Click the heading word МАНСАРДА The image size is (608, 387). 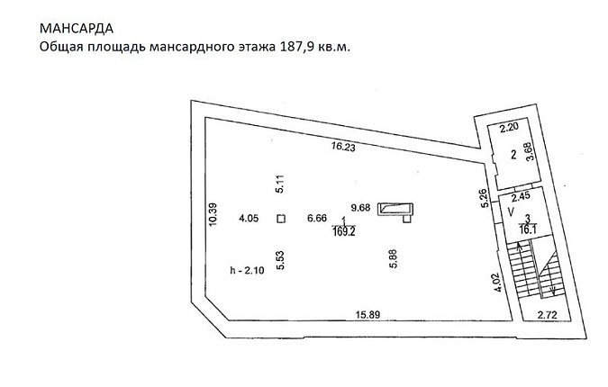point(77,28)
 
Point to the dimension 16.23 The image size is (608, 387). point(343,147)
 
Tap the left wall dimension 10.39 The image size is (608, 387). point(213,214)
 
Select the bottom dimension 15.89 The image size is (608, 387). point(368,315)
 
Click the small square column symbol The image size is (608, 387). point(281,219)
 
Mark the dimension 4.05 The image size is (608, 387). point(249,219)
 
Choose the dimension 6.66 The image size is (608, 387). point(317,218)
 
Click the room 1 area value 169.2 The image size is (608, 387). point(344,232)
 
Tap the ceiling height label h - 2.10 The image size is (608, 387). point(248,270)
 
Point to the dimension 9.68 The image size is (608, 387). point(360,208)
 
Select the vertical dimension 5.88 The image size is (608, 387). point(394,259)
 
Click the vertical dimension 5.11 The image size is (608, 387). point(280,184)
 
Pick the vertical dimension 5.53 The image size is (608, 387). point(280,260)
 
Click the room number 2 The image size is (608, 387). point(513,155)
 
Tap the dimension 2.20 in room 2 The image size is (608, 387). point(509,128)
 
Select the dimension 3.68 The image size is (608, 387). point(530,151)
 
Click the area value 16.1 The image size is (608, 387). point(528,229)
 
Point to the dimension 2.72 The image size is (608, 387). point(547,315)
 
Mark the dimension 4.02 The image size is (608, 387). point(498,283)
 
